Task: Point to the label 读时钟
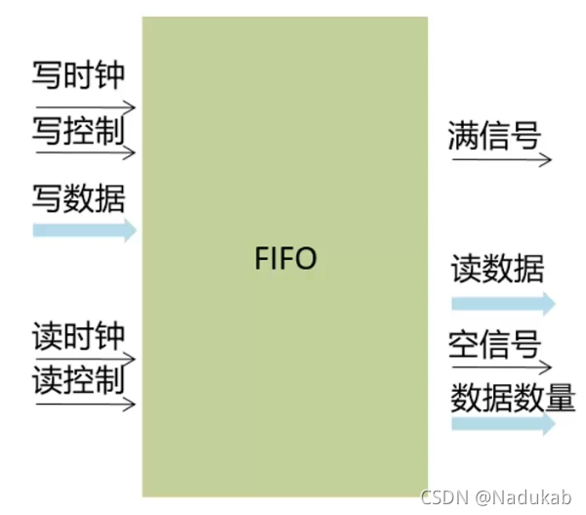coord(79,338)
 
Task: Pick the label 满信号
coord(495,135)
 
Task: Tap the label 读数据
coord(497,269)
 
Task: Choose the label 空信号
coord(495,345)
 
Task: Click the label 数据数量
coord(513,398)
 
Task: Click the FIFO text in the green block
coord(285,260)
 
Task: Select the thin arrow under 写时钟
coord(85,106)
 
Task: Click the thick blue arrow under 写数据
coord(85,231)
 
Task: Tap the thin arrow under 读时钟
coord(85,361)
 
